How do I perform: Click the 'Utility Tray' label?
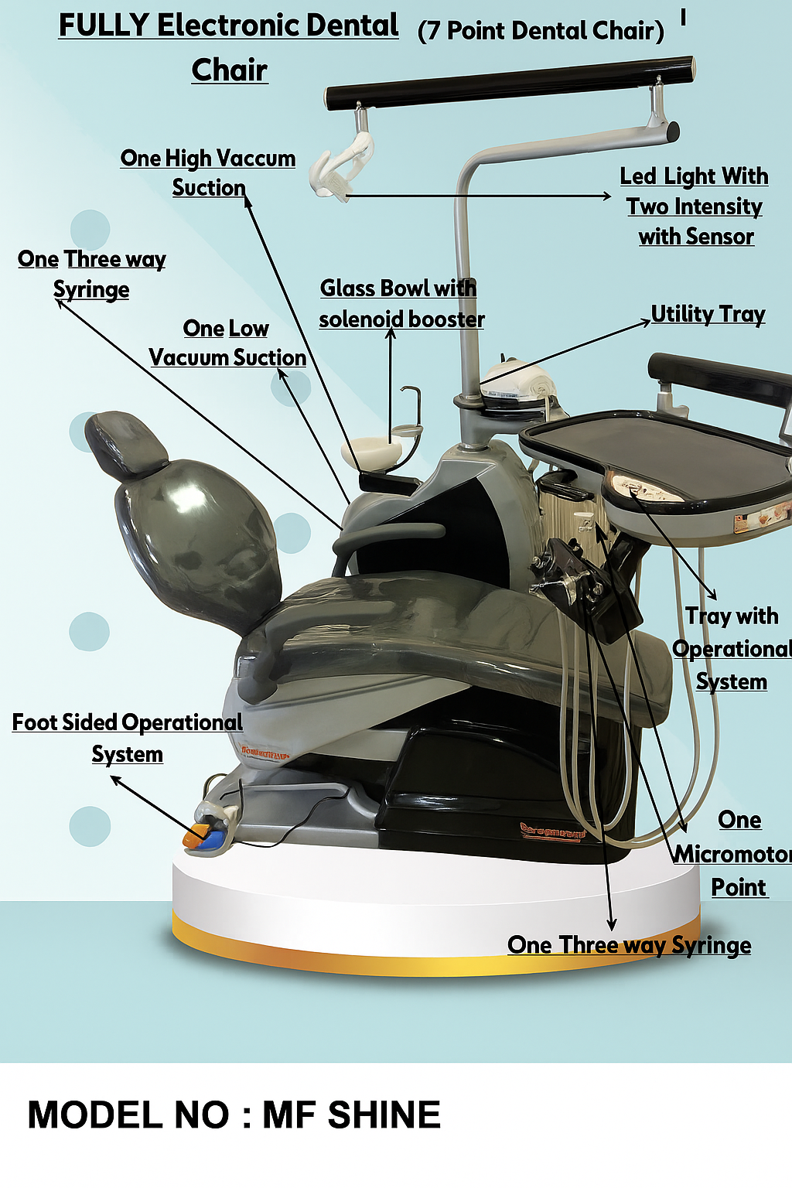[708, 314]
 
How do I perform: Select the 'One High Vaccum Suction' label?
[208, 172]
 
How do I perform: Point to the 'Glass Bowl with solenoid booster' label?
[401, 303]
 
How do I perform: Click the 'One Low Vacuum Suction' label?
[227, 343]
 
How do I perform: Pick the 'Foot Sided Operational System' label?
[128, 738]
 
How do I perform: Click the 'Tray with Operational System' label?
[732, 648]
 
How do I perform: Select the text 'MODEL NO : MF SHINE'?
[234, 1115]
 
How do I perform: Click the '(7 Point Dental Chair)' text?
[541, 31]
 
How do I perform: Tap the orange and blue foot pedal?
[205, 836]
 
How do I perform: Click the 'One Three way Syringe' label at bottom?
[629, 945]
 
